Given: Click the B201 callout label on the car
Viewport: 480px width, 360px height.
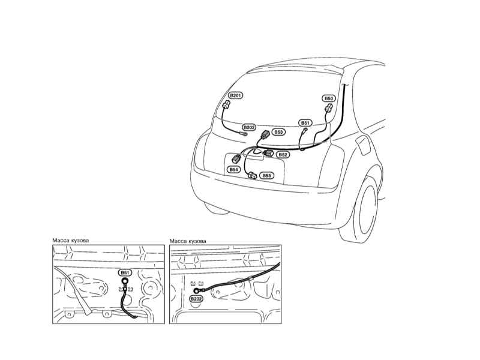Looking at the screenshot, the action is point(235,95).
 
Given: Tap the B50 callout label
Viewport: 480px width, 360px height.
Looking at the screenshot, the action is point(328,98).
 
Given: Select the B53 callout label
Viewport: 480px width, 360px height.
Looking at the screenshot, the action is point(278,132).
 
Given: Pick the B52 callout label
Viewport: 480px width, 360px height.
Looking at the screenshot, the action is point(283,155).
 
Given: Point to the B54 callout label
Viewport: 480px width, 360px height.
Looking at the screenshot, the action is point(233,169).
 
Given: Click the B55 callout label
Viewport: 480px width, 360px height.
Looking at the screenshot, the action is point(266,175).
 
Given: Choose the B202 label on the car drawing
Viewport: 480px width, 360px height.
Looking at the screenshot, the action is point(249,127).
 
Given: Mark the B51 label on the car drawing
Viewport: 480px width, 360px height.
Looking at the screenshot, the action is point(305,123).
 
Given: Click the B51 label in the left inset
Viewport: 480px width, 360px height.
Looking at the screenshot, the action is point(125,272).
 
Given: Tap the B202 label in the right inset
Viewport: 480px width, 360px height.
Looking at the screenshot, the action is point(196,299).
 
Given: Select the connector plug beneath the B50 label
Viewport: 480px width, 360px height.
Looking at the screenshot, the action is point(328,108).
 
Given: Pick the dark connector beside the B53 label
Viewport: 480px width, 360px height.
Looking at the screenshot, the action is point(265,134).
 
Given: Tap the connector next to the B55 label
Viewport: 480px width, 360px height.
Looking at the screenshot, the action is point(253,175).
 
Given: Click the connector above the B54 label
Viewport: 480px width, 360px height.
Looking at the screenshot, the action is point(236,159).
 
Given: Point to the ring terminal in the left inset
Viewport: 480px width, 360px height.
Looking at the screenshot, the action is point(125,281).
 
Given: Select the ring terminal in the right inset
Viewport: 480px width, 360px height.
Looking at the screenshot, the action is point(196,291).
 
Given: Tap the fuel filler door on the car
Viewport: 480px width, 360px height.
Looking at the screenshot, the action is point(363,145).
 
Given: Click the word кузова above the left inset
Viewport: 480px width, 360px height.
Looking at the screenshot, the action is point(80,241).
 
